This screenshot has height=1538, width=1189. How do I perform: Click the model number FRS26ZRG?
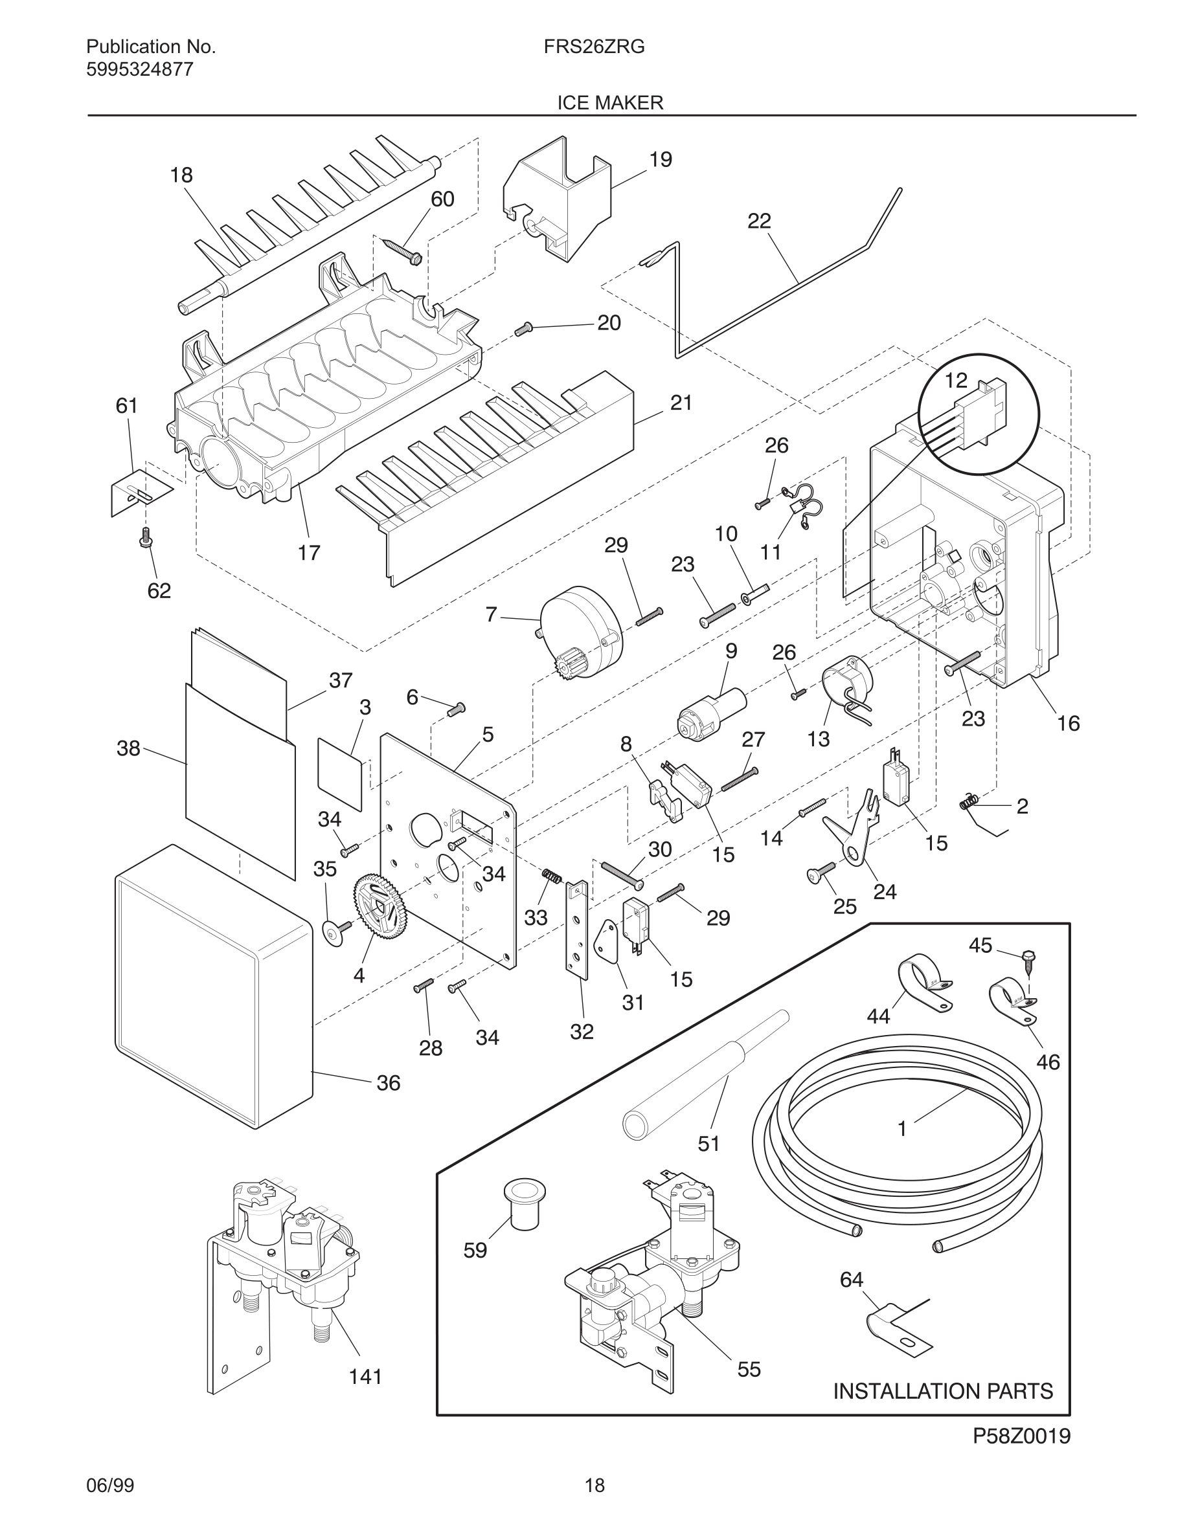[594, 47]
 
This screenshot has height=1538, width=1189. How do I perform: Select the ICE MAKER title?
[610, 103]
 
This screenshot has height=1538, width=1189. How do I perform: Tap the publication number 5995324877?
[139, 70]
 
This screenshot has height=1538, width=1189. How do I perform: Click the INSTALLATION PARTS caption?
[943, 1391]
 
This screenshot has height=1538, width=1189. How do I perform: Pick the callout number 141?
[366, 1377]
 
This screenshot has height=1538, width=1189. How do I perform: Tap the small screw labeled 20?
[523, 328]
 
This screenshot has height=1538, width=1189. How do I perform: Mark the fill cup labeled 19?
[557, 199]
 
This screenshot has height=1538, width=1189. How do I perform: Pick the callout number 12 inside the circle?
[956, 381]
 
